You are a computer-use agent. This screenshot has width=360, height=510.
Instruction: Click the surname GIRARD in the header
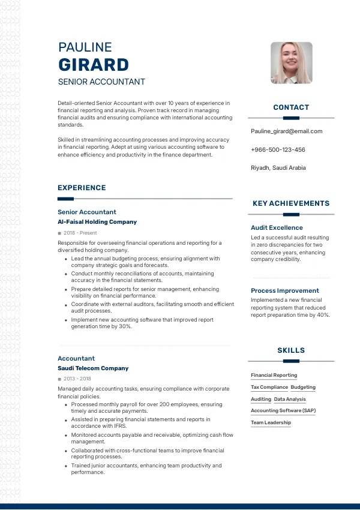(x=94, y=65)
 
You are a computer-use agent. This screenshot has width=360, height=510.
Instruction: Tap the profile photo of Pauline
(x=292, y=63)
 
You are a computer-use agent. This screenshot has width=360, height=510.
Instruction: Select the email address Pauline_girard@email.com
(x=286, y=131)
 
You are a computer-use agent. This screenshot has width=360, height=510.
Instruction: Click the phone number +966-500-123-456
(x=278, y=149)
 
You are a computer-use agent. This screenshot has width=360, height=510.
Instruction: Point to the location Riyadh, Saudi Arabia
(x=278, y=168)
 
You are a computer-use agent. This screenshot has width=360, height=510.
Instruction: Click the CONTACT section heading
(x=291, y=107)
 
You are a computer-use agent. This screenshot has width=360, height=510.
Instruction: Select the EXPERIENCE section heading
(x=82, y=188)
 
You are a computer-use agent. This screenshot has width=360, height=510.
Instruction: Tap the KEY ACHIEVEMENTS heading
(x=291, y=203)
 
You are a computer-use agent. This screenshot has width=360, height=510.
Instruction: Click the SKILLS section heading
(x=291, y=350)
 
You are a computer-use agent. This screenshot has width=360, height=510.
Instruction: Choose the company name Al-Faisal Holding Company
(x=97, y=222)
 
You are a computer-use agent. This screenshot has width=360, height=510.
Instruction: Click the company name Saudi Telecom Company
(x=93, y=368)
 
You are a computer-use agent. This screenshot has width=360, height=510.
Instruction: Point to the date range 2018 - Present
(x=80, y=233)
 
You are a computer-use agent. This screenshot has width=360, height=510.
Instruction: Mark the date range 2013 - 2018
(x=77, y=379)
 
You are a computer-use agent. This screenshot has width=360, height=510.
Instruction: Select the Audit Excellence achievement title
(x=277, y=228)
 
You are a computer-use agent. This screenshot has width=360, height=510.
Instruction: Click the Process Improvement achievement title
(x=285, y=291)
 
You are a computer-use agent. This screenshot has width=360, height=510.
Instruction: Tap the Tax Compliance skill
(x=269, y=388)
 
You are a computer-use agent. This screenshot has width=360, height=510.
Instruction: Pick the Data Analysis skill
(x=290, y=399)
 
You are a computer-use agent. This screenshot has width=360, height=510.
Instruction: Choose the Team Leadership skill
(x=271, y=422)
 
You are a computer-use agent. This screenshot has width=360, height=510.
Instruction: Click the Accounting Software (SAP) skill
(x=283, y=411)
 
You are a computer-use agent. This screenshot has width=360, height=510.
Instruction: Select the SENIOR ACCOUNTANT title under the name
(x=101, y=82)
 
